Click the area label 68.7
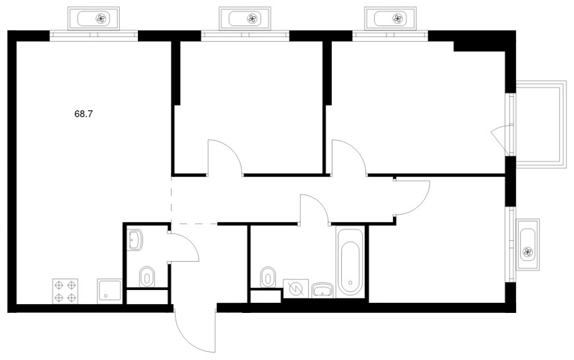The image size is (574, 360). click(83, 114)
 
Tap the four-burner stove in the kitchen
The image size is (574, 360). click(65, 291)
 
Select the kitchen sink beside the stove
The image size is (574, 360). click(109, 291)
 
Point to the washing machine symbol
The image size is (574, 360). click(296, 289)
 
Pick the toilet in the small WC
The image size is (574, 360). click(147, 277)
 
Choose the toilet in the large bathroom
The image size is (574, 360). click(268, 277)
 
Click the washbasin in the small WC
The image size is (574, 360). click(135, 240)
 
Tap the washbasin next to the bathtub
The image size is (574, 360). click(322, 290)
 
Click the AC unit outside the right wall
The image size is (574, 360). click(528, 245)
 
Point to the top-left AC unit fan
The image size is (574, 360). click(102, 19)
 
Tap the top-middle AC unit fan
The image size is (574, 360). click(252, 19)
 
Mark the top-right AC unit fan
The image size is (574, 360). click(398, 19)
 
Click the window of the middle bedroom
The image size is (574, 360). click(245, 35)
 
